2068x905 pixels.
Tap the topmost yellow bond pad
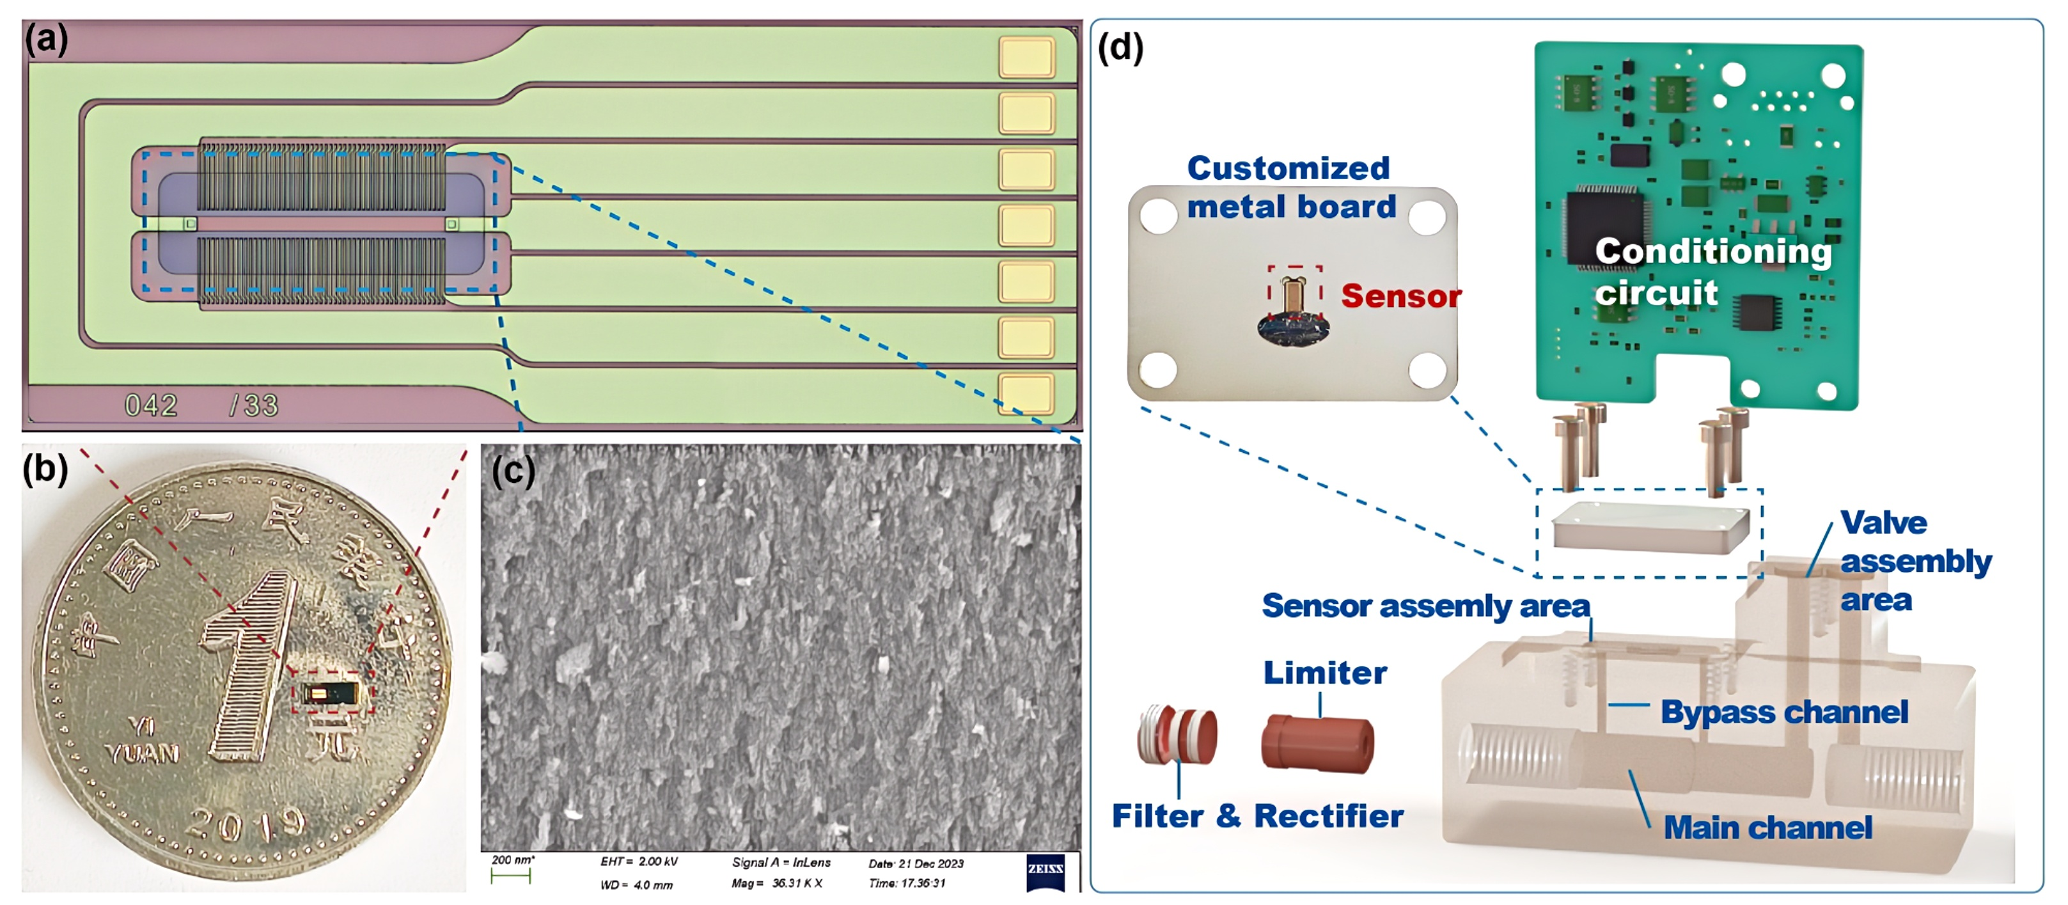coord(1026,57)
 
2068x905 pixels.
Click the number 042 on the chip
coord(151,405)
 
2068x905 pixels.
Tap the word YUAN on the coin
coord(141,753)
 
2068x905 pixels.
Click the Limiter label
coord(1324,673)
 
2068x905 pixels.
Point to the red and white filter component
coord(1177,734)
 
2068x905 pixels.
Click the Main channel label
coord(1767,828)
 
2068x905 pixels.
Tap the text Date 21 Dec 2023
coord(916,864)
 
